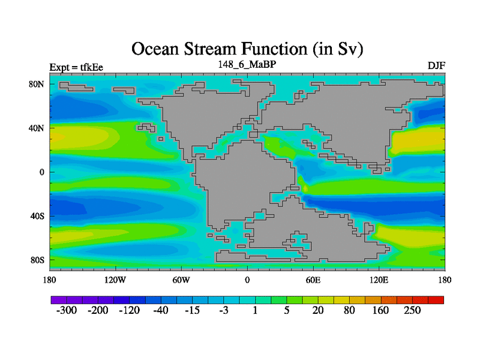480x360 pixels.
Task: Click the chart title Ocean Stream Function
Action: [x=219, y=49]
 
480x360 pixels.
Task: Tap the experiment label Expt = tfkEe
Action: [x=76, y=67]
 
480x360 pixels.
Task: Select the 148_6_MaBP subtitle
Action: [x=247, y=64]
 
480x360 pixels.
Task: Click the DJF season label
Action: [x=436, y=65]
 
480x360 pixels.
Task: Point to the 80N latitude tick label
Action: [x=37, y=84]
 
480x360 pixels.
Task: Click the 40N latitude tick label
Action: [x=37, y=128]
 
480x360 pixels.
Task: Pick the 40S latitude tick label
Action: [x=37, y=216]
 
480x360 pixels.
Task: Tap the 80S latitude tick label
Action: [x=37, y=260]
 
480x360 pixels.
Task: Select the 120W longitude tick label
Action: [x=115, y=280]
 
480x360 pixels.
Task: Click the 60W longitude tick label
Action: [x=181, y=280]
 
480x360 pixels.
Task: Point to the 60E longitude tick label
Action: [x=313, y=280]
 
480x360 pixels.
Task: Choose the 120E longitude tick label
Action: [x=379, y=280]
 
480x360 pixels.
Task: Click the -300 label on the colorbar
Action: [x=67, y=310]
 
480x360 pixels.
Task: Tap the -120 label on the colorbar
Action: [x=129, y=310]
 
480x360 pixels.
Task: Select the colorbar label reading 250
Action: [x=412, y=310]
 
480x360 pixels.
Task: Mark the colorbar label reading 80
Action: [x=349, y=310]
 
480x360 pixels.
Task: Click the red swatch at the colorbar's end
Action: [x=436, y=300]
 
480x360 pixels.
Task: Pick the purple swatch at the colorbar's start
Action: [x=59, y=300]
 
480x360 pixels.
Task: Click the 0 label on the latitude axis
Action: [x=42, y=172]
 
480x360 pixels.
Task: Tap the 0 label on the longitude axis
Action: [x=247, y=280]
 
